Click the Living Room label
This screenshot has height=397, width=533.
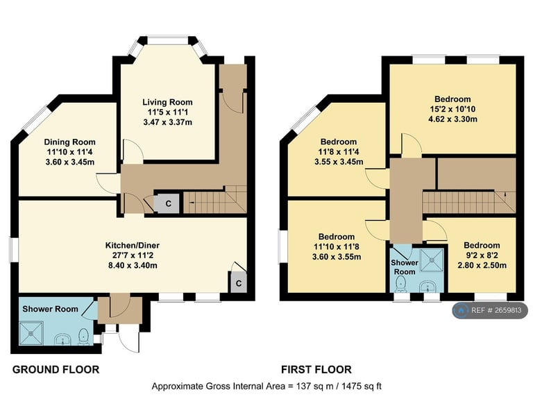click(x=168, y=102)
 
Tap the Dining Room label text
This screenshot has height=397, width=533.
click(x=69, y=142)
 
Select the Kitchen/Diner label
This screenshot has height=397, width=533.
click(x=132, y=245)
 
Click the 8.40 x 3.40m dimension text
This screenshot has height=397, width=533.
click(x=132, y=266)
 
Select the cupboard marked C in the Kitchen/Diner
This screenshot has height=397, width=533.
click(x=237, y=283)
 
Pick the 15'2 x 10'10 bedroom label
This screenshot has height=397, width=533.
click(x=452, y=99)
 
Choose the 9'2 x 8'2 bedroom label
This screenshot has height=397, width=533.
click(x=482, y=245)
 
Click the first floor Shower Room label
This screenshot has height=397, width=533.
click(x=404, y=267)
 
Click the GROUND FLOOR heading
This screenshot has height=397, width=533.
click(x=56, y=369)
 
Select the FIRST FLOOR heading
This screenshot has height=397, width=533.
click(x=316, y=369)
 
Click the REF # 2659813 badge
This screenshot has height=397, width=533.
click(x=490, y=311)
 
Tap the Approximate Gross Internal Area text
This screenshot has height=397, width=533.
click(x=266, y=385)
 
